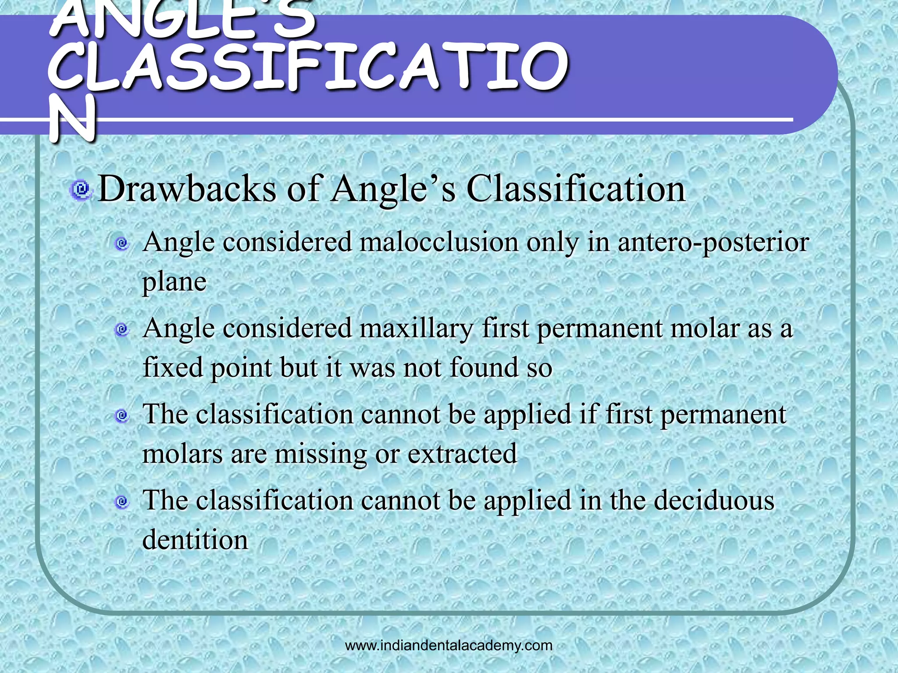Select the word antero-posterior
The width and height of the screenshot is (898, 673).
click(713, 242)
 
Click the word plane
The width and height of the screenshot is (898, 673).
click(174, 282)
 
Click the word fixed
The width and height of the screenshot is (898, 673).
click(173, 367)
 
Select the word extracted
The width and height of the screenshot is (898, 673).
click(462, 453)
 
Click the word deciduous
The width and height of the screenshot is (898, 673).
click(714, 500)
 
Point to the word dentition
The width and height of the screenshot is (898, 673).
click(195, 540)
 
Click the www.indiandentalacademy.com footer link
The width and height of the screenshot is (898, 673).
click(449, 645)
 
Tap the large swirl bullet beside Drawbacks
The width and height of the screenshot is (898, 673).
click(80, 190)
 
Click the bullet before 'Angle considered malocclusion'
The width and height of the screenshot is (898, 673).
click(122, 243)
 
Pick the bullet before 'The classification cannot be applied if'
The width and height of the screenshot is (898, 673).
click(122, 415)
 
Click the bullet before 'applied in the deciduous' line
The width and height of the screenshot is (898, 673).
click(122, 502)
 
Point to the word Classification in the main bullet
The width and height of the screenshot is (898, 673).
click(576, 189)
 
